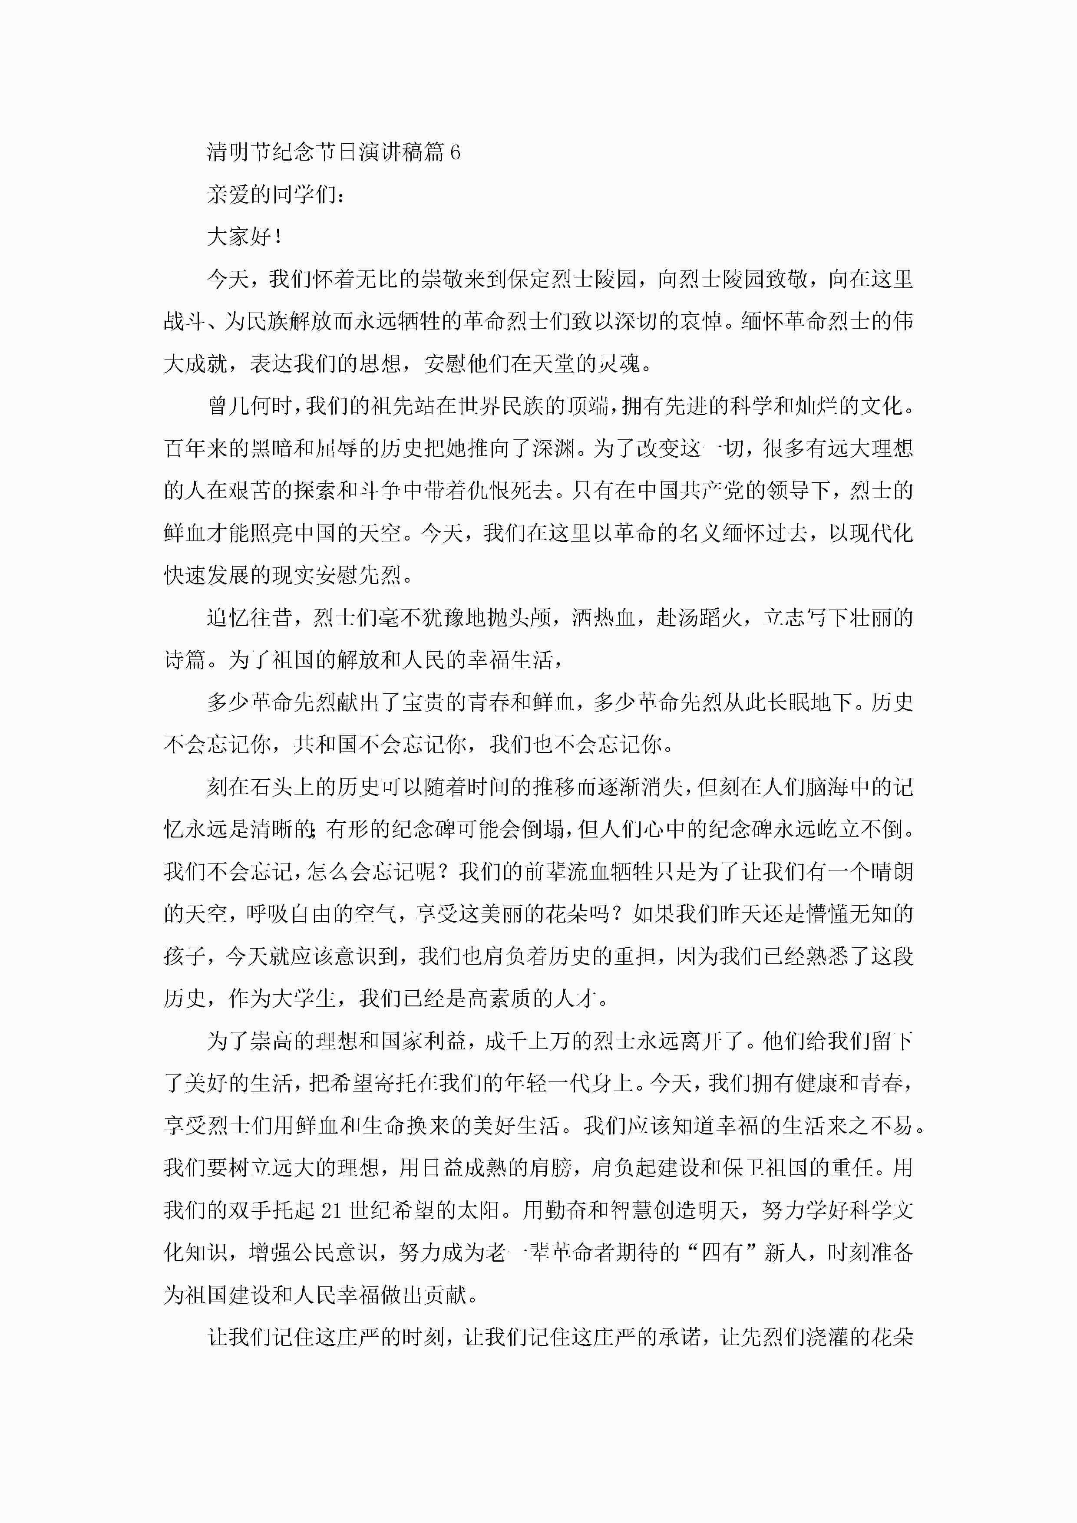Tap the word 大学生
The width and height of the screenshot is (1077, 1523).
pos(304,999)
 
